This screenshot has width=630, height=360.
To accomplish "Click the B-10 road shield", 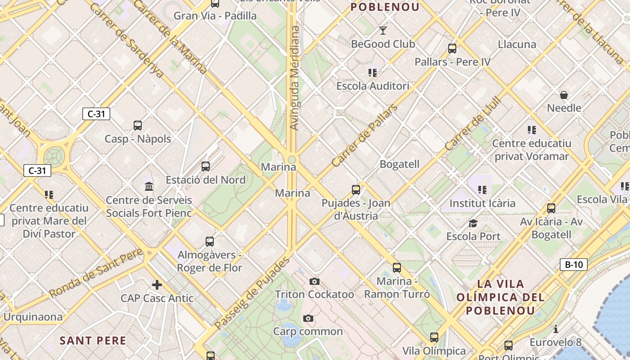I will [x=574, y=265].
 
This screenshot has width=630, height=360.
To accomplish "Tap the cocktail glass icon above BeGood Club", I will [x=383, y=31].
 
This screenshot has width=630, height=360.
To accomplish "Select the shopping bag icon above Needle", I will [x=563, y=95].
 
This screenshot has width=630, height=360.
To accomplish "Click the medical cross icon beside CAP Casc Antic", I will [x=157, y=285].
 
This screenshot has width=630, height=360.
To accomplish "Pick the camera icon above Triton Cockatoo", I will [x=315, y=282].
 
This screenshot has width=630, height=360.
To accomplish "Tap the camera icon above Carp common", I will [x=308, y=319].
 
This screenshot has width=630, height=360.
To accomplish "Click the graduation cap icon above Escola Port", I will [x=473, y=223].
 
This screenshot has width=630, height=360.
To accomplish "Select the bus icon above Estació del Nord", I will [x=206, y=166].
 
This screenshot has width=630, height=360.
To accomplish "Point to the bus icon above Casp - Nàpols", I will [x=138, y=126].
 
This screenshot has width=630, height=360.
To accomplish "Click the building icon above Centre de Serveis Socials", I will [x=149, y=186].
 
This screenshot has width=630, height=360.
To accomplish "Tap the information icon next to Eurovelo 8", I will [x=556, y=329].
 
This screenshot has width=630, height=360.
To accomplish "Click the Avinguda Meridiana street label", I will [x=294, y=78].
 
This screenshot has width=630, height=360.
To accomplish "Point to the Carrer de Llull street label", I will [x=472, y=125].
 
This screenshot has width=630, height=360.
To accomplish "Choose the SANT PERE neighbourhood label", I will [x=93, y=341].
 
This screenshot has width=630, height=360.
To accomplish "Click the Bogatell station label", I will [x=400, y=164].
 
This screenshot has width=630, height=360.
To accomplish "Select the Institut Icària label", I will [x=482, y=203].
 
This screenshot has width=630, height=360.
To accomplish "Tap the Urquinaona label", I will [x=33, y=317].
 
